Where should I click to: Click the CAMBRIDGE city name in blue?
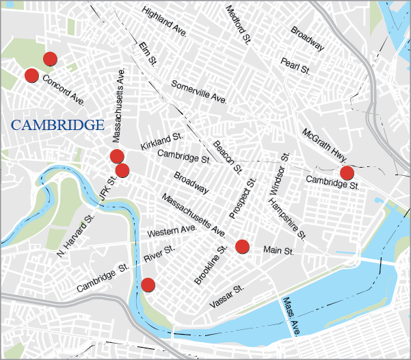tap(57, 125)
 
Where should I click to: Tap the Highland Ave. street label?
tap(165, 22)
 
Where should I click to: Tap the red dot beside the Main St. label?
tap(242, 247)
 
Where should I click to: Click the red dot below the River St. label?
tap(148, 285)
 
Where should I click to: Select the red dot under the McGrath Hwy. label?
tap(347, 172)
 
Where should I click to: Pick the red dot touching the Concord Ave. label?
tap(31, 75)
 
